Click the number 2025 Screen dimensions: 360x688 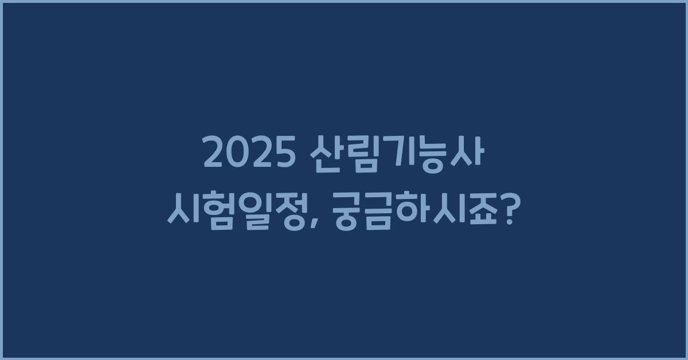[x=245, y=154]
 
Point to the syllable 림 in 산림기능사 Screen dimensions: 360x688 [x=356, y=154]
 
